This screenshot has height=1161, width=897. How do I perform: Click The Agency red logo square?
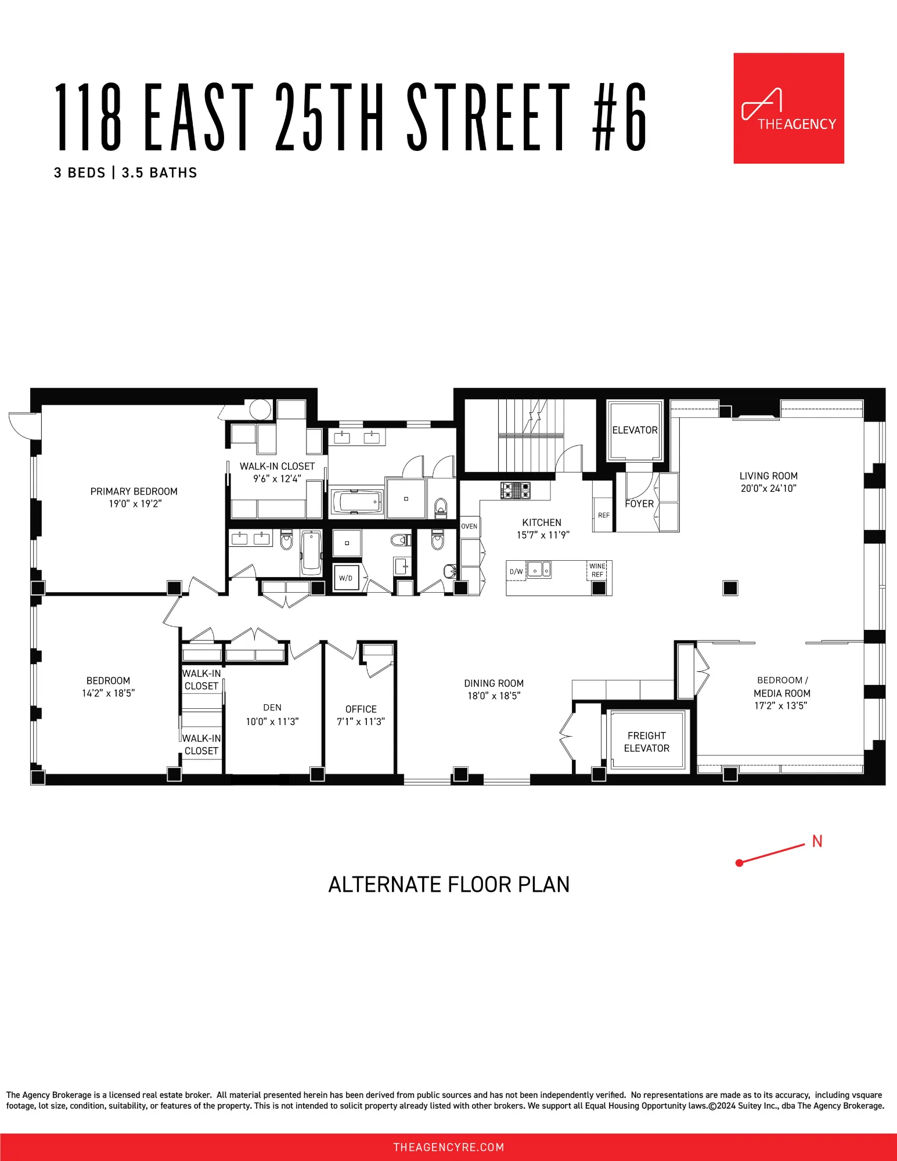788,108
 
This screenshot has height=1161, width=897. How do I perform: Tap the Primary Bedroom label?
134,492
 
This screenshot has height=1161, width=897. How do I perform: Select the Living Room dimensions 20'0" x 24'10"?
768,488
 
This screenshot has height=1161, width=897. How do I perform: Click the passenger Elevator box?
635,430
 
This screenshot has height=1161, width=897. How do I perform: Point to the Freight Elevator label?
646,742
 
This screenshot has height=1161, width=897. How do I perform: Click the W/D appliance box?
346,578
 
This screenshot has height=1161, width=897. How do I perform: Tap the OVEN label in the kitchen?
469,527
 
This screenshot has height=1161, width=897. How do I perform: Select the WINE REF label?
597,570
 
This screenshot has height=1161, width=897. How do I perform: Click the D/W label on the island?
516,572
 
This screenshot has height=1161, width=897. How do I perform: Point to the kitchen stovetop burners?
516,490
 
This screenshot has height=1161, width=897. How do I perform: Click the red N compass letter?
817,841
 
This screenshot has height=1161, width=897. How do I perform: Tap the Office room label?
361,709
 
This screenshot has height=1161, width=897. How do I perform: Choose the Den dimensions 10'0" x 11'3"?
272,722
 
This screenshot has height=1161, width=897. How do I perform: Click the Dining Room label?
493,684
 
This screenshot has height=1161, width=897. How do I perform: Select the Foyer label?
639,504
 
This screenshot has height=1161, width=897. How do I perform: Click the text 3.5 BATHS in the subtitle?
159,173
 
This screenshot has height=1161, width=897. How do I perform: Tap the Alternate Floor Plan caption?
449,885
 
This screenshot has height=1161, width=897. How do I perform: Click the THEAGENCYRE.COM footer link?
449,1147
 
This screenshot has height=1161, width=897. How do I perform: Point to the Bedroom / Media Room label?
781,687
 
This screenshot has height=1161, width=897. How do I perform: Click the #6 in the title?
619,116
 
